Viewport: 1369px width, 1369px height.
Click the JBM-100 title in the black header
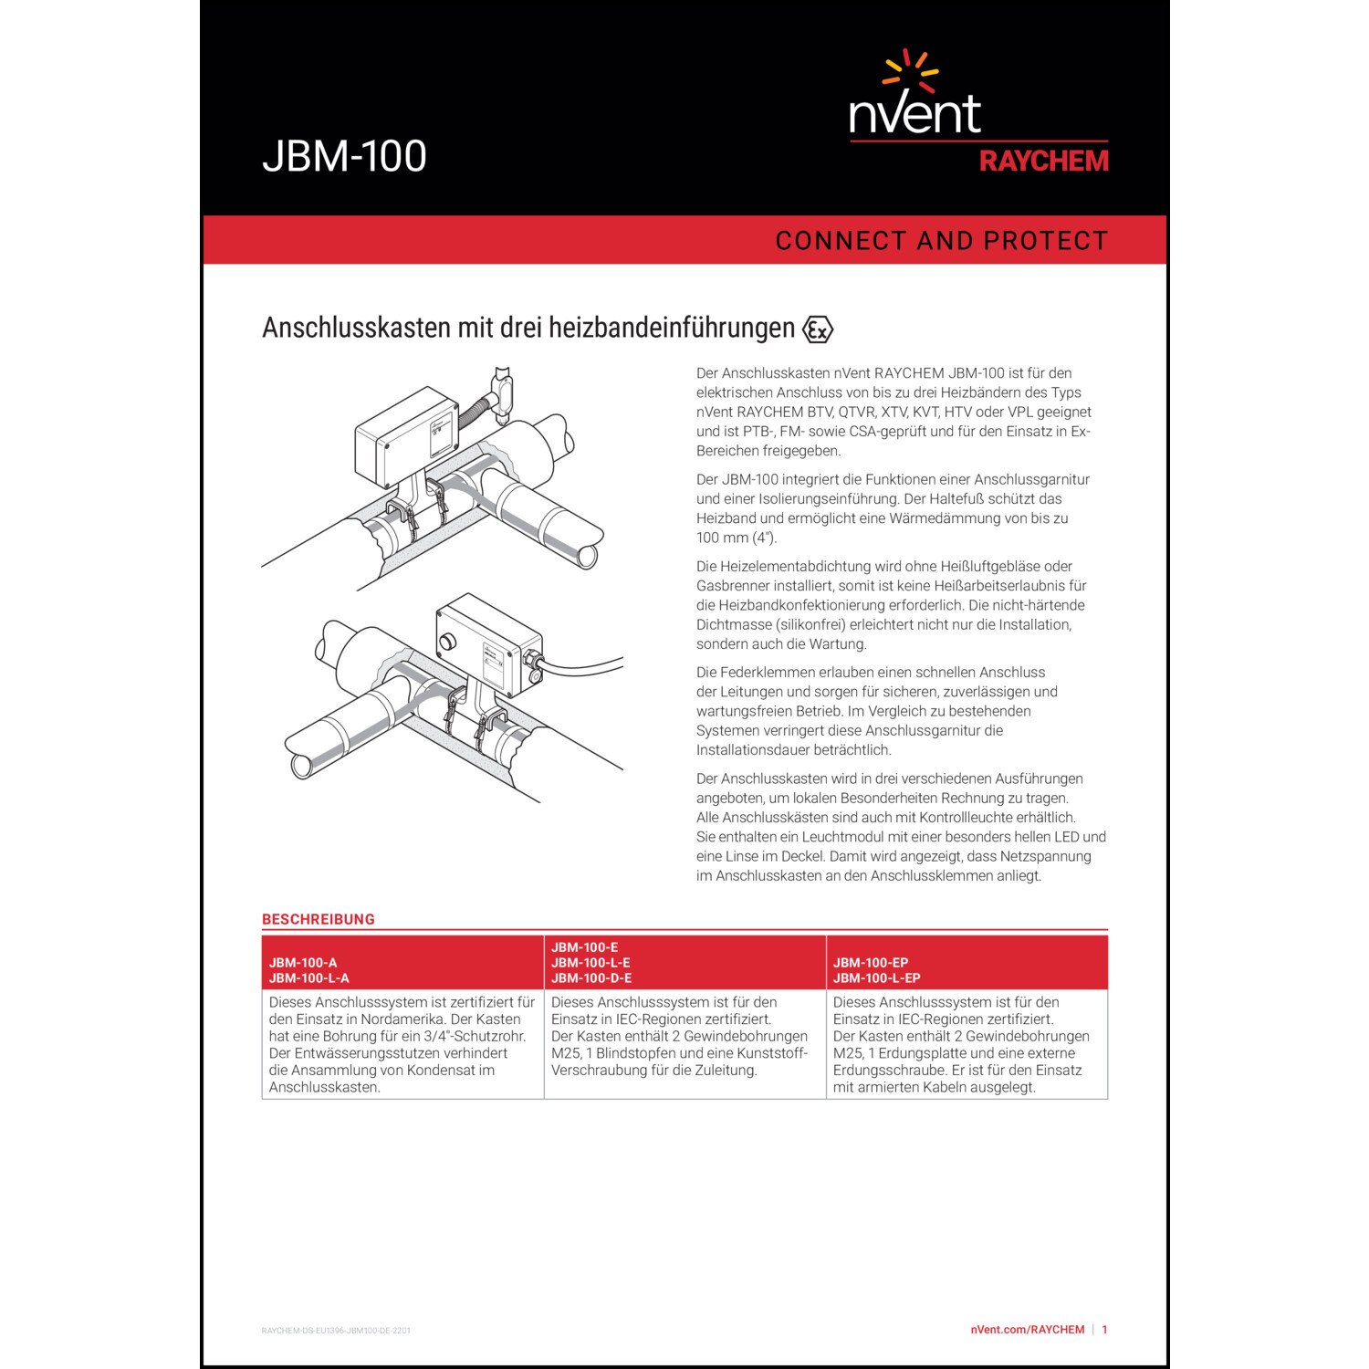point(344,156)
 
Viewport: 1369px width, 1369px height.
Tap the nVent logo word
point(914,113)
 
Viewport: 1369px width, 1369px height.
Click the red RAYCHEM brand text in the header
point(1043,162)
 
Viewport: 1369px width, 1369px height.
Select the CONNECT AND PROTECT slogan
point(941,241)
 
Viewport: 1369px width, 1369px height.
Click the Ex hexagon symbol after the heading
point(817,329)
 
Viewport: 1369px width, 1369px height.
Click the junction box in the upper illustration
point(405,435)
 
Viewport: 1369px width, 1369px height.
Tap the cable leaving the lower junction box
point(584,669)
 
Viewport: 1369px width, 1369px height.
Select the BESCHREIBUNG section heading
point(318,919)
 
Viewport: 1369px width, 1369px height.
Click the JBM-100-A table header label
point(303,963)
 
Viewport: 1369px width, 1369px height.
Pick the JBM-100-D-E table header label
point(590,978)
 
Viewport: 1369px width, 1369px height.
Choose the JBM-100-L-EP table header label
point(876,978)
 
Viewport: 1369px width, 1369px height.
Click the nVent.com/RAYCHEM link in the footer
point(1027,1330)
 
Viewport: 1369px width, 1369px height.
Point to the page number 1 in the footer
point(1104,1330)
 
